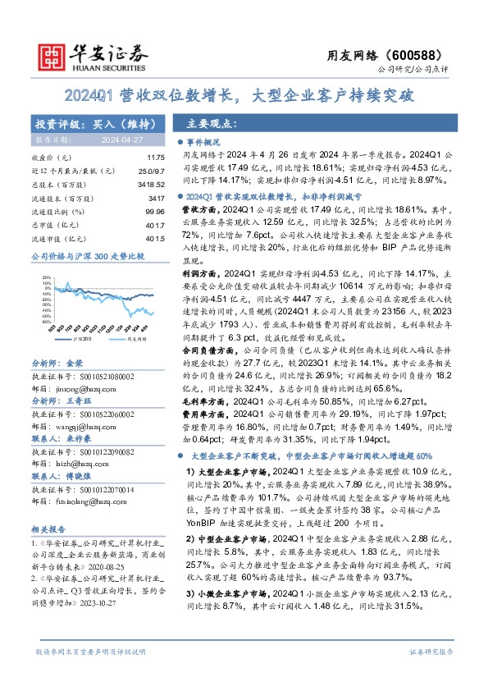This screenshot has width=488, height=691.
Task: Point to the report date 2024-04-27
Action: pos(120,140)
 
